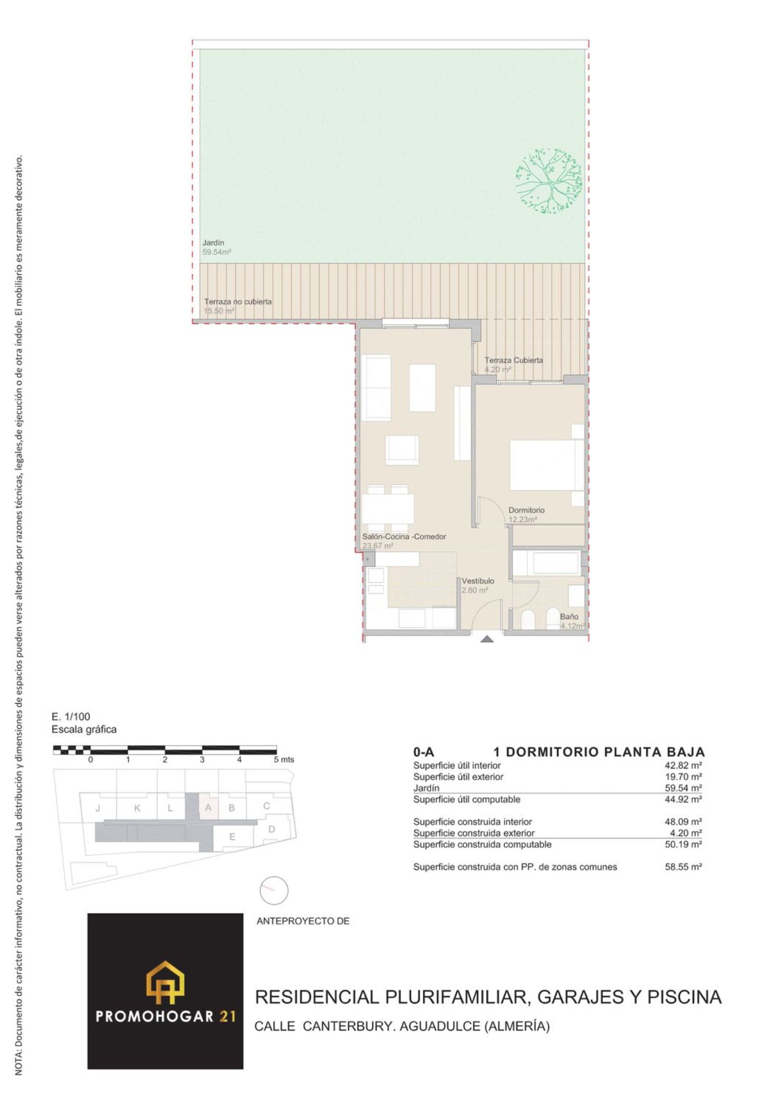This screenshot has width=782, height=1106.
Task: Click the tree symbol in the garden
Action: tap(548, 181)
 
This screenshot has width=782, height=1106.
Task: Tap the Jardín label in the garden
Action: tap(213, 243)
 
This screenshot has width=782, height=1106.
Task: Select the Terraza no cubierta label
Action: tap(238, 301)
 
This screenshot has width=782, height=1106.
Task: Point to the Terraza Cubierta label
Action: tap(514, 360)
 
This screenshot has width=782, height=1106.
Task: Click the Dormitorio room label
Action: tap(527, 510)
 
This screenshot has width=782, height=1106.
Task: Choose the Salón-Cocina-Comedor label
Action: tap(404, 537)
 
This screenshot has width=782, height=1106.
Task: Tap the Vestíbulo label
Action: tap(478, 581)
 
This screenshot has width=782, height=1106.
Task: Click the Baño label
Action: tap(569, 616)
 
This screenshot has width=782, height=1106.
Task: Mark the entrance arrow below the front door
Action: tap(486, 639)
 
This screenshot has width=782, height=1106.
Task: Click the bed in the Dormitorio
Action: tap(546, 465)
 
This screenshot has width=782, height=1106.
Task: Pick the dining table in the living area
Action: tap(388, 508)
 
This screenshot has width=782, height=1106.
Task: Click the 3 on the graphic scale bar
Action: tap(202, 760)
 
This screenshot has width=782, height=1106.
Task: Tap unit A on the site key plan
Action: tap(208, 808)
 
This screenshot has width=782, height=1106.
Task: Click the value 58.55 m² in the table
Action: tap(683, 867)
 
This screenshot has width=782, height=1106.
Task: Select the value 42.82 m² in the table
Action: tap(683, 765)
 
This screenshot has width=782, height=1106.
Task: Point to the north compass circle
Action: tap(274, 891)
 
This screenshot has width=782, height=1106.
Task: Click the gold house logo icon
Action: tap(165, 982)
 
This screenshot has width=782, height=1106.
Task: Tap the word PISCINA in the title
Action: tap(684, 997)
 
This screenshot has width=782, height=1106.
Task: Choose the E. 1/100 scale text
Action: tap(71, 716)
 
